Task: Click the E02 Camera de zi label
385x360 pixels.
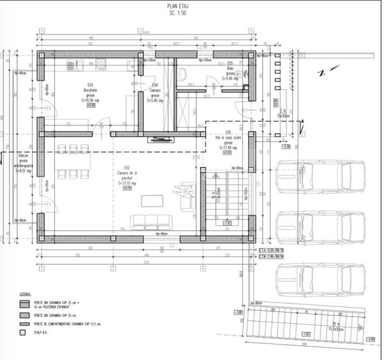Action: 125,178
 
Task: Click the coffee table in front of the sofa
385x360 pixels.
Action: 152,201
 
